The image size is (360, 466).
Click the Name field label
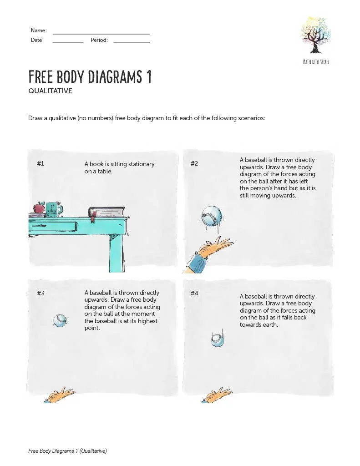39,30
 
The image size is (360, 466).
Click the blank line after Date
68,41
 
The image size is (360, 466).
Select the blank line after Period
132,41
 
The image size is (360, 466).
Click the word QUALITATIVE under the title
50,91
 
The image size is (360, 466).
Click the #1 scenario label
41,164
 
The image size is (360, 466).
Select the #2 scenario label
194,164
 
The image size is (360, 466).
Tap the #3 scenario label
41,293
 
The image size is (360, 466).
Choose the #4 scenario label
194,293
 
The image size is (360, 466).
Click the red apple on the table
39,208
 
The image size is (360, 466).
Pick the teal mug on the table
53,209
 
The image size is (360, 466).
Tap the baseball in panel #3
60,321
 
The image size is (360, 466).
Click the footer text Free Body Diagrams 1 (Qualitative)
67,451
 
